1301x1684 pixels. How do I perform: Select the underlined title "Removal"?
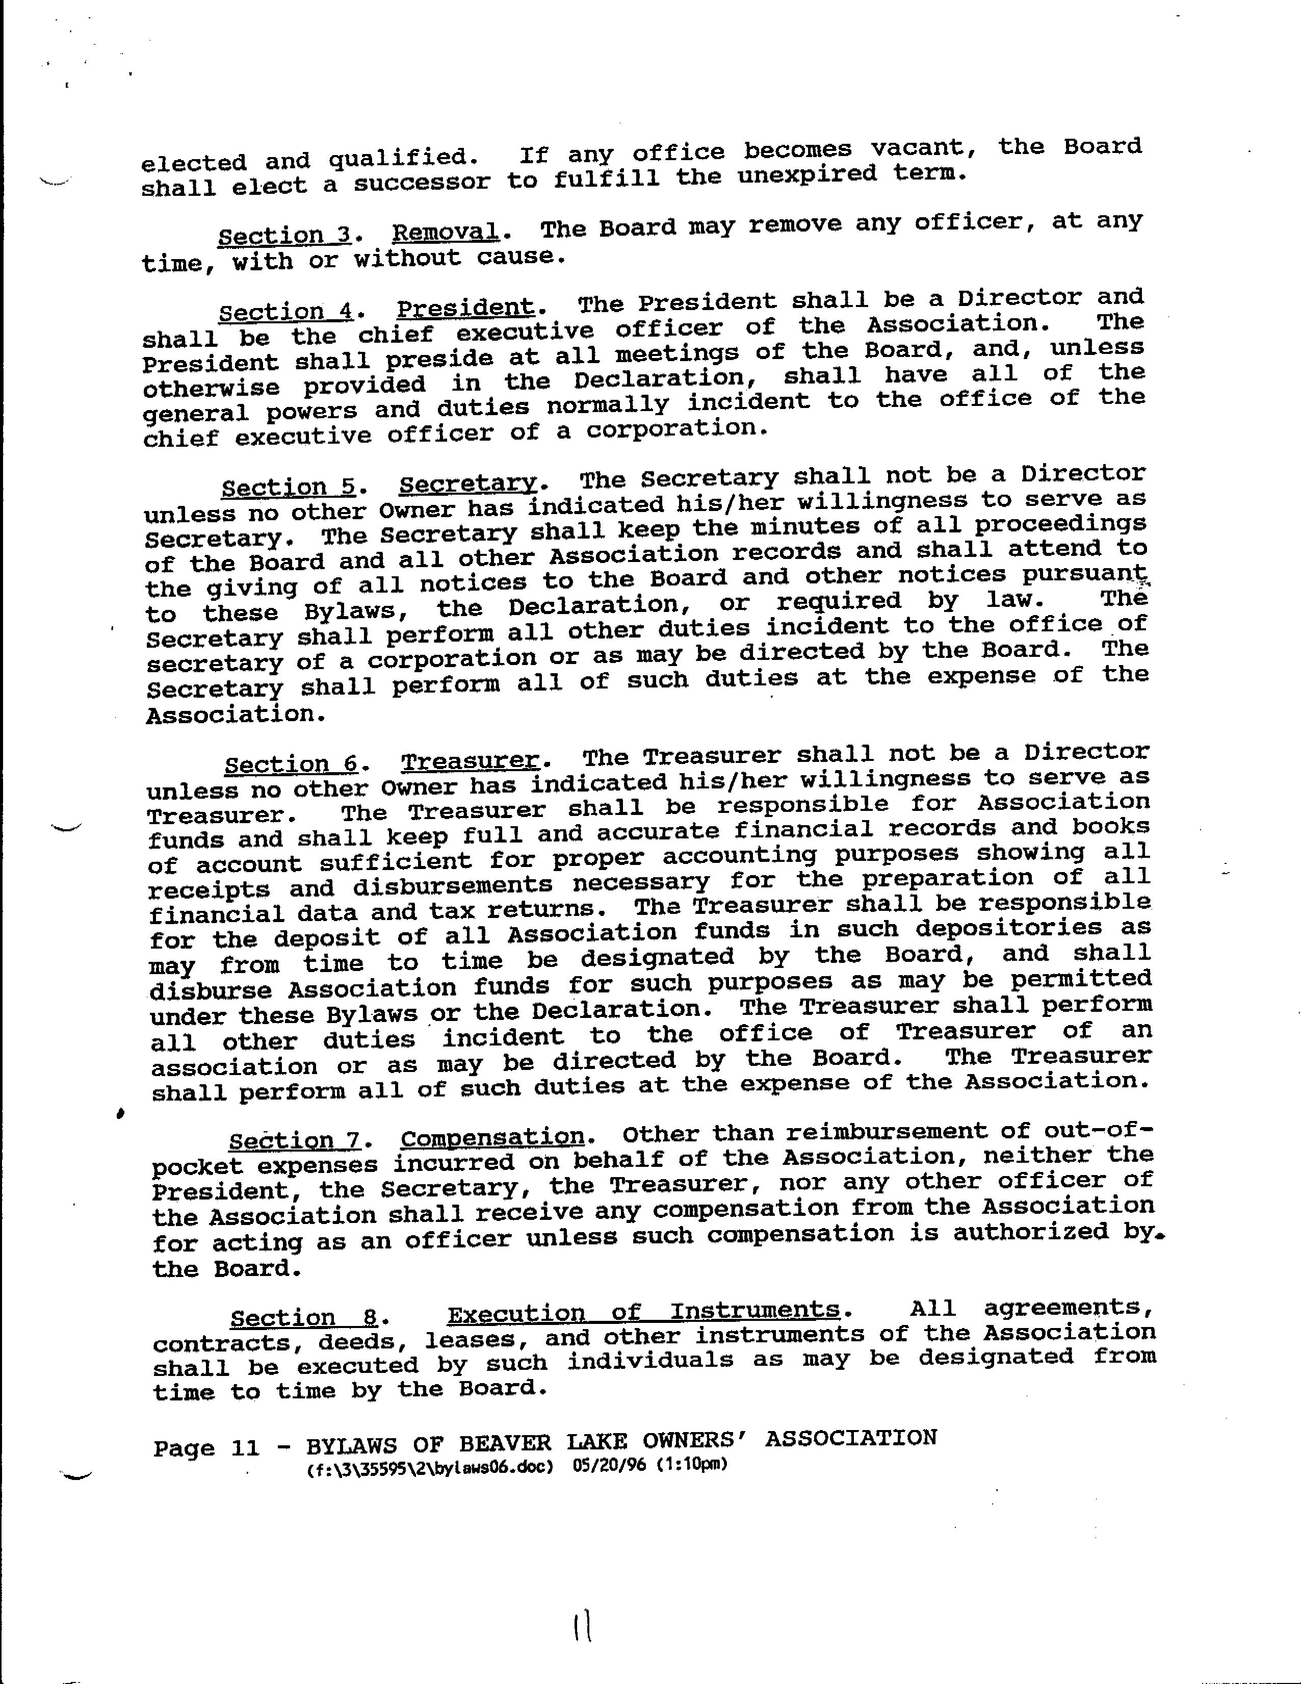point(446,232)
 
